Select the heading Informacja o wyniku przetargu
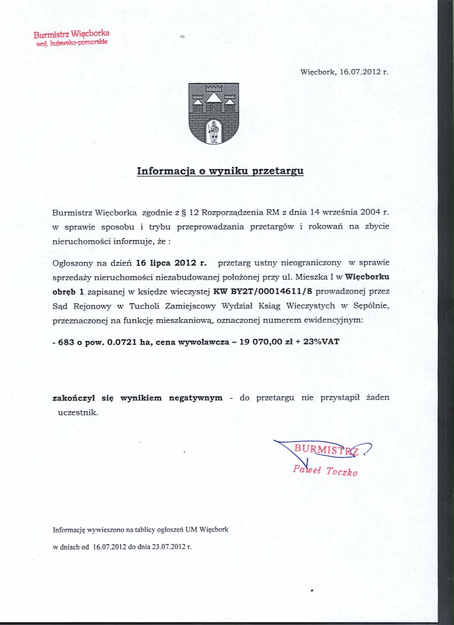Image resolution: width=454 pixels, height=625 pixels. pos(220,172)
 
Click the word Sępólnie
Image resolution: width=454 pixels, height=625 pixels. pos(372,306)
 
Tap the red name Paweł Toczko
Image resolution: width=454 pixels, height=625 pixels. pos(325,471)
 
